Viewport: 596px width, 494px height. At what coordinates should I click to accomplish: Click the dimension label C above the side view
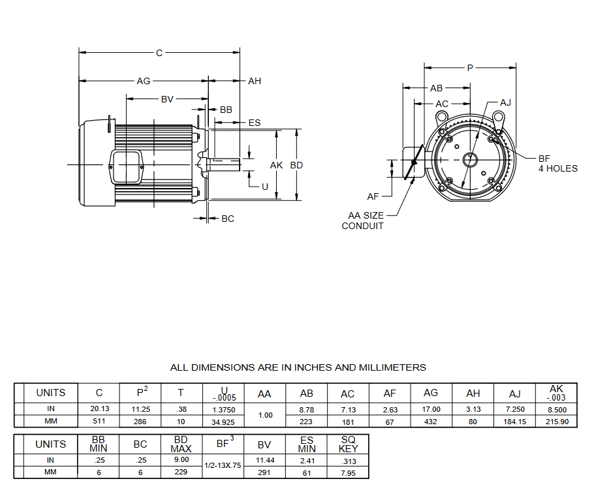coord(159,53)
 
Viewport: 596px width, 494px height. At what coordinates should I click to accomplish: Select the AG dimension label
coord(143,81)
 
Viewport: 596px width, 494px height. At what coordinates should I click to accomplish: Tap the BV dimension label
coord(167,99)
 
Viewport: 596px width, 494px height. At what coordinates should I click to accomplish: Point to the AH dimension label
coord(255,81)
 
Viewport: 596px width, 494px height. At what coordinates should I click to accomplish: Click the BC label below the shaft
coord(227,219)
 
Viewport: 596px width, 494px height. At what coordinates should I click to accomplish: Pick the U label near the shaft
coord(264,186)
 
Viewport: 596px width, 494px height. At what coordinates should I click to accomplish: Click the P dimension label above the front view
coord(470,67)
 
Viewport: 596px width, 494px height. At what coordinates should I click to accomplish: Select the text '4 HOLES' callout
coord(557,168)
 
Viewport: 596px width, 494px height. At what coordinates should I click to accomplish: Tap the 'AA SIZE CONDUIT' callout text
coord(364,221)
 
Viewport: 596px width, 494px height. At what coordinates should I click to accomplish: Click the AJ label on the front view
coord(505,102)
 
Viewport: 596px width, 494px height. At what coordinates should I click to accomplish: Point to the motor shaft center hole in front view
coord(470,159)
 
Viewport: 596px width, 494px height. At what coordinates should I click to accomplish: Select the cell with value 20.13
coord(99,409)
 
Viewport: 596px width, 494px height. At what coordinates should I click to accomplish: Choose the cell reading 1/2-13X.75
coord(223,466)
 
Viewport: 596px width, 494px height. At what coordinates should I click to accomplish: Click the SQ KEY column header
coord(348,444)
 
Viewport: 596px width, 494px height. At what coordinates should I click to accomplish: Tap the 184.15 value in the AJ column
coord(514,422)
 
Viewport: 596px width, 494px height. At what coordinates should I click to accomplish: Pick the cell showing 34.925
coord(223,422)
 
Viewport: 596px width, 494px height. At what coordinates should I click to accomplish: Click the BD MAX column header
coord(181,444)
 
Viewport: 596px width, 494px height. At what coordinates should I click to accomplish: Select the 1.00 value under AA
coord(265,415)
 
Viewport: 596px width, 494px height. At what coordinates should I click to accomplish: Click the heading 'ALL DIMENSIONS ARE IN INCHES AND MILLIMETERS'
coord(298,367)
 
